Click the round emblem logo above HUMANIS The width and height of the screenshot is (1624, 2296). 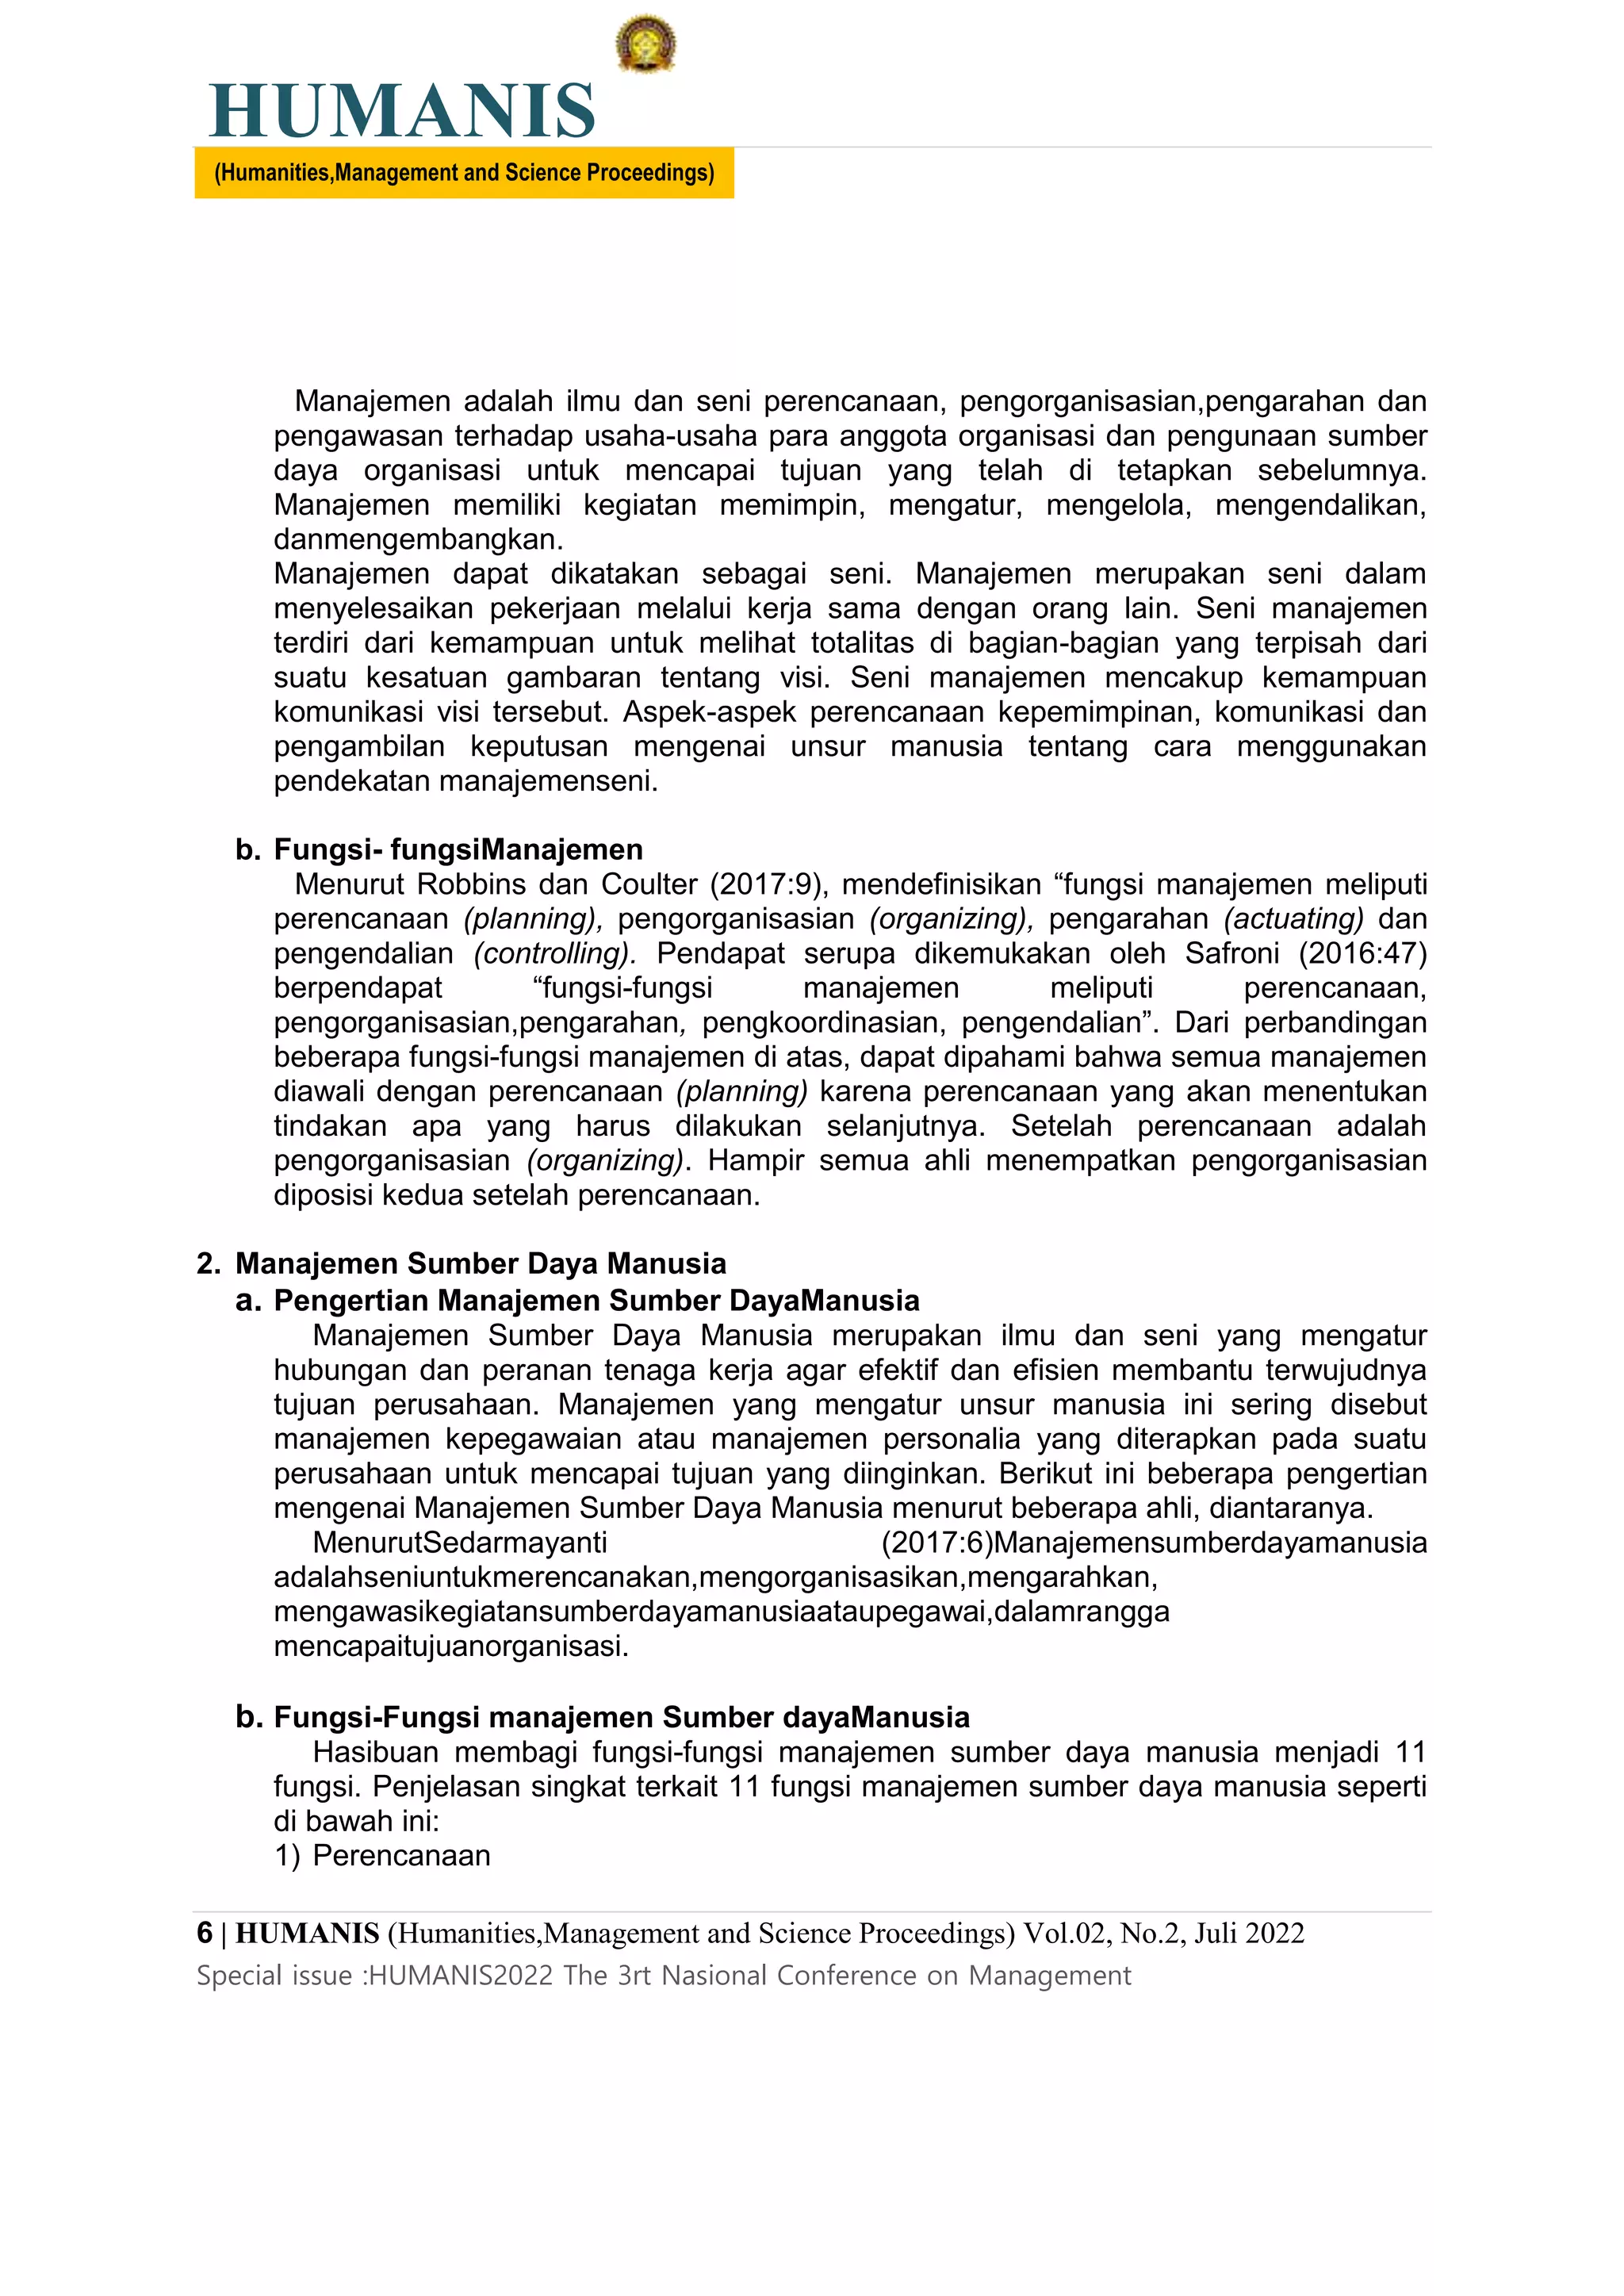click(x=645, y=43)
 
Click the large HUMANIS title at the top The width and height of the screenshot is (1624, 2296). click(x=402, y=111)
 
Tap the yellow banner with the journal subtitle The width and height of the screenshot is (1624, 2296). click(x=464, y=173)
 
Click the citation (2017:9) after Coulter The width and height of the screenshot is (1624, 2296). click(x=768, y=884)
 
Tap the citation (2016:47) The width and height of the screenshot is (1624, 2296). click(x=1362, y=953)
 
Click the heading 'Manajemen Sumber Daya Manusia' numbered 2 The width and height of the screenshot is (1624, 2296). click(x=480, y=1263)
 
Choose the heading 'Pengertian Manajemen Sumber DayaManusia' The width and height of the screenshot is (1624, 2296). click(x=596, y=1300)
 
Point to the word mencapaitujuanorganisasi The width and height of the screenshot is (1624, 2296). click(x=451, y=1646)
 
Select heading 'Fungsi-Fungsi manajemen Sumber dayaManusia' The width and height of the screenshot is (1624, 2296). click(x=621, y=1717)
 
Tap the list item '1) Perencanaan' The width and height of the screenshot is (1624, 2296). click(x=382, y=1855)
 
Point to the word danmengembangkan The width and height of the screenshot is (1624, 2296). click(x=418, y=539)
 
